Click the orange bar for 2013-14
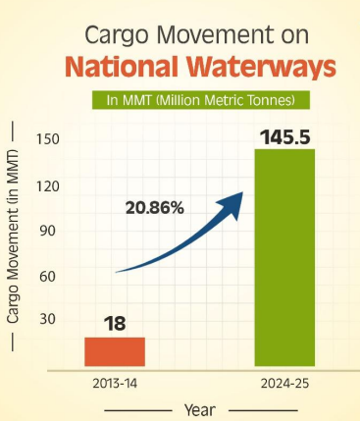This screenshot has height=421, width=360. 114,351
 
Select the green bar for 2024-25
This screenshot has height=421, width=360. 284,257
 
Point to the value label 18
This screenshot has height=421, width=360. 114,323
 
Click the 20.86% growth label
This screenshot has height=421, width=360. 154,207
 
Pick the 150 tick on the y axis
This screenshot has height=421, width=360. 48,139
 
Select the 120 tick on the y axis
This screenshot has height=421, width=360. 48,185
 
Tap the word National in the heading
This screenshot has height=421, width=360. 118,69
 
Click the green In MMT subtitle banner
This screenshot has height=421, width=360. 201,100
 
